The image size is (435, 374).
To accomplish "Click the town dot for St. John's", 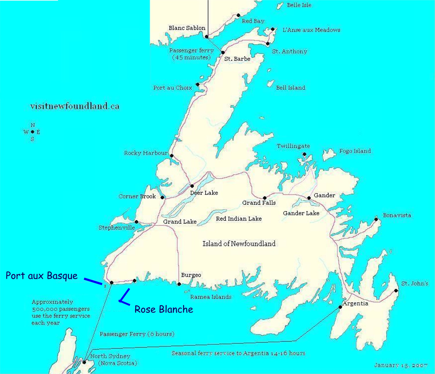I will [396, 291].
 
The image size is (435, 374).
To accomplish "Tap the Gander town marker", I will [309, 198].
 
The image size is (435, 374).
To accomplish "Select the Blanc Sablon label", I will [187, 28].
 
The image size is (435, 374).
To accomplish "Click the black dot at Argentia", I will [340, 307].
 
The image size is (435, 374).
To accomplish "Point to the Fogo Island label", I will [355, 151].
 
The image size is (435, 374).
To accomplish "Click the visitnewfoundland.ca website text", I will [75, 106].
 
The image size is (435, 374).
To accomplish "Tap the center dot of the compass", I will [32, 132].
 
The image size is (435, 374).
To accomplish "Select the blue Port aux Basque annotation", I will [42, 275].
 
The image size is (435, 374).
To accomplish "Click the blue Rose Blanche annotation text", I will [164, 309].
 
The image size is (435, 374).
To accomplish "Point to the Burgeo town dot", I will [179, 284].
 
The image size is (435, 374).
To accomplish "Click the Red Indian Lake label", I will [239, 219].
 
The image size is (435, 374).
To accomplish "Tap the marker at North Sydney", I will [84, 362].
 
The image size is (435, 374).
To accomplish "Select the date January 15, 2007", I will [401, 365].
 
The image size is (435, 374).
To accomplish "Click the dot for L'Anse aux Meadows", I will [273, 29].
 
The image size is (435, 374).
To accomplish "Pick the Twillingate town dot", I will [304, 154].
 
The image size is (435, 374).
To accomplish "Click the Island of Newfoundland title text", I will [239, 244].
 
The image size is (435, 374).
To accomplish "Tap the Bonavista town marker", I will [376, 219].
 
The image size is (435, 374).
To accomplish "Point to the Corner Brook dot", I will [162, 198].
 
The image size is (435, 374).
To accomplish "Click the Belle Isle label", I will [299, 5].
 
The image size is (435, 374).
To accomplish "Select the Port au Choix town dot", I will [197, 85].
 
